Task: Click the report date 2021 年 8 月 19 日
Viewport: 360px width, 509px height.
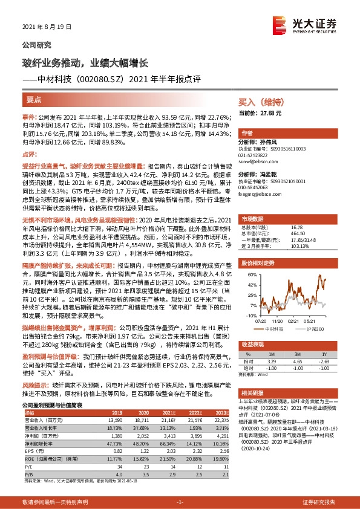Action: click(x=47, y=27)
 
